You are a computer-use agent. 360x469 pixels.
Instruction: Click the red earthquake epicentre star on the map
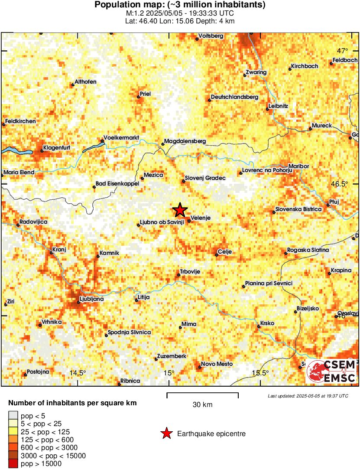click(180, 210)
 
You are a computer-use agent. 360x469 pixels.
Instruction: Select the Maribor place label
click(298, 166)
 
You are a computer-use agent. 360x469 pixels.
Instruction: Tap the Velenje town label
click(201, 218)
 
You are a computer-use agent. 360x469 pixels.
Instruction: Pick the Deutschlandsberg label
click(234, 97)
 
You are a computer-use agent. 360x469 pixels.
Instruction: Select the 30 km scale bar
click(202, 394)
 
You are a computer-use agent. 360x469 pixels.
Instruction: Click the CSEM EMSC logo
click(332, 371)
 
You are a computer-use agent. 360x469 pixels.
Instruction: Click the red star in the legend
click(166, 433)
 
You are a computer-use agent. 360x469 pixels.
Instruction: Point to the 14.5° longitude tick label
click(78, 373)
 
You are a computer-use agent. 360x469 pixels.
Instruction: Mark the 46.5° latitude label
click(340, 184)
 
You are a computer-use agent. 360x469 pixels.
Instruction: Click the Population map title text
click(180, 5)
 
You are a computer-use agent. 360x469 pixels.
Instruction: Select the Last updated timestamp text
click(308, 396)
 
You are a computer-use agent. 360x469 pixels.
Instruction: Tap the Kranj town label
click(58, 250)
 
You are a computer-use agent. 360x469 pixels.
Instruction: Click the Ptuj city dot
click(328, 205)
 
